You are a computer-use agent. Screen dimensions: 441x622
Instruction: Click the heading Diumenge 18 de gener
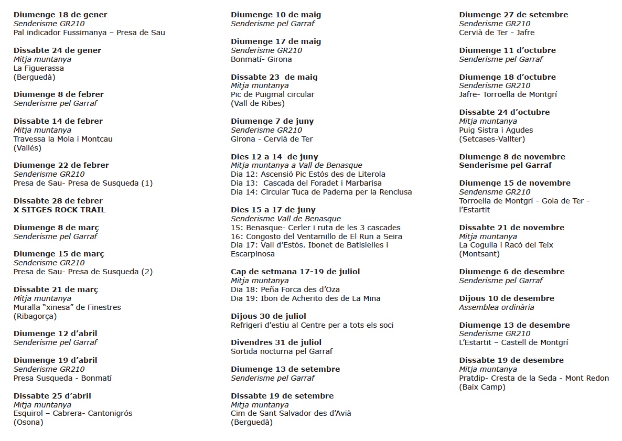[60, 15]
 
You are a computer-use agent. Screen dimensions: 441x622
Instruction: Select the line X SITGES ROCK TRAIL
[59, 210]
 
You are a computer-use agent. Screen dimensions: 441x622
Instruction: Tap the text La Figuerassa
[39, 68]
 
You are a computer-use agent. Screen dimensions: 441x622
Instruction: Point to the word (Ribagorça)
[35, 316]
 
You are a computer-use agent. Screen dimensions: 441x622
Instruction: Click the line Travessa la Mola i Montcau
[63, 139]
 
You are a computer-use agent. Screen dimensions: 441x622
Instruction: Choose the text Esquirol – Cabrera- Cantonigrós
[73, 413]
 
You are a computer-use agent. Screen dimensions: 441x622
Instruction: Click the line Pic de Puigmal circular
[273, 94]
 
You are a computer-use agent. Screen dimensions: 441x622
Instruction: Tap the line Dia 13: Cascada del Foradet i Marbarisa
[306, 183]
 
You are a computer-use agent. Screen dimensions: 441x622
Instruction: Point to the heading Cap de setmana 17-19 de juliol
[295, 272]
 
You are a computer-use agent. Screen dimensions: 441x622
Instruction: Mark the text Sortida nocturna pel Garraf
[282, 351]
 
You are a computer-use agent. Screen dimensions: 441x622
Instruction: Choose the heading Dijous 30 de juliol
[269, 316]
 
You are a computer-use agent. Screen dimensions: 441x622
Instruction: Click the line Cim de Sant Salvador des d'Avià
[291, 413]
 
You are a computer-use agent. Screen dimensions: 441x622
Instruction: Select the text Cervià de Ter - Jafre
[497, 33]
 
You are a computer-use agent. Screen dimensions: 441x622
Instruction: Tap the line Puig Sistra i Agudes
[496, 130]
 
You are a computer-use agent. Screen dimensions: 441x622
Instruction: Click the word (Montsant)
[479, 254]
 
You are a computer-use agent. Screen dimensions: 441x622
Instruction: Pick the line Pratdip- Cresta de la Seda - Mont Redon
[534, 378]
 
